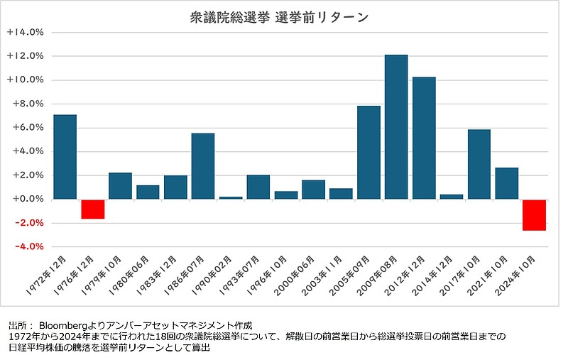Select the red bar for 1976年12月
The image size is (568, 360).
92,209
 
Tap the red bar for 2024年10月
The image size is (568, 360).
534,214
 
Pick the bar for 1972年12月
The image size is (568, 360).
65,156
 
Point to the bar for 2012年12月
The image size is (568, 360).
424,138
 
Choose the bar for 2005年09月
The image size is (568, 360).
368,152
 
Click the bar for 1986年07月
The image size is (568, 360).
203,166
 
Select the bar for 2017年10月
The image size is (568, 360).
479,164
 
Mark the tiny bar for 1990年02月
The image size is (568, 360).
231,197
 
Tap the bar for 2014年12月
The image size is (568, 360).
452,197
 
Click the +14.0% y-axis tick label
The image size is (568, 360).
26,32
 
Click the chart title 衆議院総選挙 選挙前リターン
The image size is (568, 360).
280,17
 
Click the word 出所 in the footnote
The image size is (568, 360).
16,323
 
